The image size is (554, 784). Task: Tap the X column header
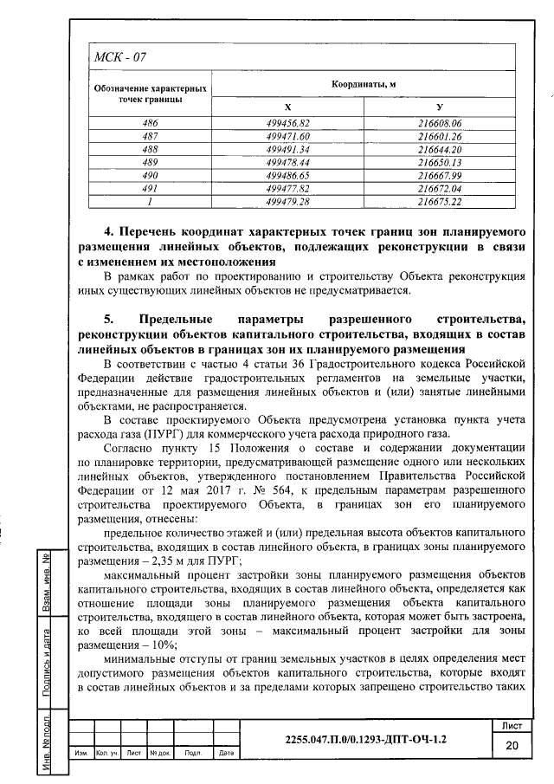point(287,106)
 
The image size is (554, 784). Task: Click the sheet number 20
point(511,745)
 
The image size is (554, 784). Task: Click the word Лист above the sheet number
point(511,724)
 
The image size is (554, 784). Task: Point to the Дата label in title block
point(223,753)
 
